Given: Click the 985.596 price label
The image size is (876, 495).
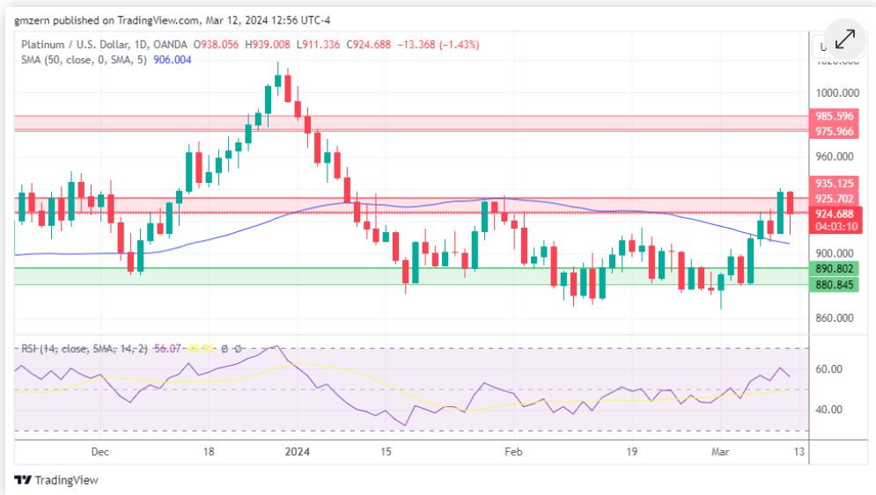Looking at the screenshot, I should [835, 116].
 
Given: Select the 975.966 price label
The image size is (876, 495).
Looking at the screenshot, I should [835, 131].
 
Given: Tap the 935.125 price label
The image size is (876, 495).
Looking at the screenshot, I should [835, 184].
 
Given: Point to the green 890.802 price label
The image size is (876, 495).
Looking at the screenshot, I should [835, 269].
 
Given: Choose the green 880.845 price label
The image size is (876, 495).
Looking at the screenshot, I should [835, 284].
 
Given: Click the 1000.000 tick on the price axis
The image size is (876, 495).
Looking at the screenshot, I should [838, 92].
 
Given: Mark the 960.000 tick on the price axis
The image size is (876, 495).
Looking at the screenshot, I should [835, 157].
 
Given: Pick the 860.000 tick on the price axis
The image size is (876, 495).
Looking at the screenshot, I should [835, 317].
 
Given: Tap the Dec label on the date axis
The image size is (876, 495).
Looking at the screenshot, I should [99, 452].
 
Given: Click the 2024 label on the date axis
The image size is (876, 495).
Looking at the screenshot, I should [297, 452].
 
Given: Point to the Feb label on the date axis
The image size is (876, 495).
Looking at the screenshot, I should [513, 452].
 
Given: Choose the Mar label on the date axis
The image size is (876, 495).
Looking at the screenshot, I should [720, 452].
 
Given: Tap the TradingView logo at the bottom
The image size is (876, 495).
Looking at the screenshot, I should [56, 480].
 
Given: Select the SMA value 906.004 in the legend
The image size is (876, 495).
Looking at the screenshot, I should [172, 60].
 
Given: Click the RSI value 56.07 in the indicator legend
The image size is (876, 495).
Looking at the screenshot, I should [166, 349].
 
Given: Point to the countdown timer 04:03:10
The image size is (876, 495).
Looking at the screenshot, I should [835, 227].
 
